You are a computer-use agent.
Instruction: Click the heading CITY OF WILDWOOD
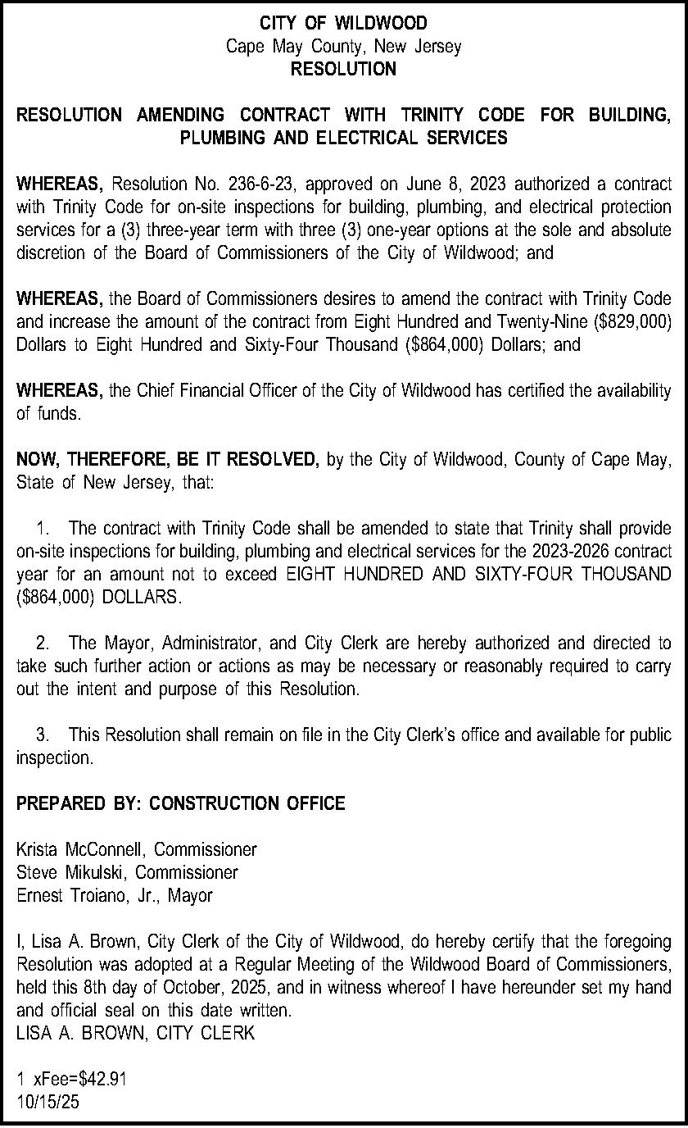(343, 23)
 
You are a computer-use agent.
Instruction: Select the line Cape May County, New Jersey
(343, 46)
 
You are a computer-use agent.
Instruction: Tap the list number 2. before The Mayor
(44, 644)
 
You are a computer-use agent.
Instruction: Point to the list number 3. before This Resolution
(44, 735)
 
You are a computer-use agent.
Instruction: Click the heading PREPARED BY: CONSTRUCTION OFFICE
(180, 804)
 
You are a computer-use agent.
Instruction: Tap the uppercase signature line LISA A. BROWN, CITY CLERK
(135, 1034)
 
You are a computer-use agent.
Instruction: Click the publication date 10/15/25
(48, 1103)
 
